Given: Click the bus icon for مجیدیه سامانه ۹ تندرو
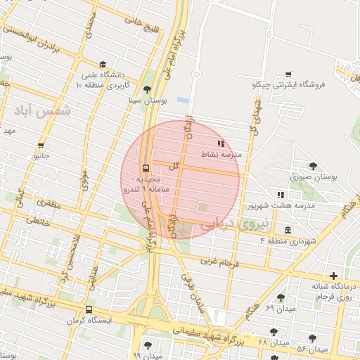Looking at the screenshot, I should click(146, 168).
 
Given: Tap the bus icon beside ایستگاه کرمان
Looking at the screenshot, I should click(89, 310).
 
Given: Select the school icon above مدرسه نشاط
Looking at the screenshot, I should click(221, 143).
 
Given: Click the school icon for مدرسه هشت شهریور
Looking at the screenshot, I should click(281, 194).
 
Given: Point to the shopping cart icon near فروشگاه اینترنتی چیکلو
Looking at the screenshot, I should click(288, 74).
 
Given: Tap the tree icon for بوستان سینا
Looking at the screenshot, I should click(147, 89).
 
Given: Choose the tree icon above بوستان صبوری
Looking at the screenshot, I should click(313, 167).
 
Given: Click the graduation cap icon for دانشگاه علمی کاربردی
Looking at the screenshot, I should click(103, 64).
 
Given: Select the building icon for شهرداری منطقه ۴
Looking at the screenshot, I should click(288, 230).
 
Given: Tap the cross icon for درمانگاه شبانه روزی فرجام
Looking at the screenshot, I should click(333, 276).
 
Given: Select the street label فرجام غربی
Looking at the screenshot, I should click(220, 262).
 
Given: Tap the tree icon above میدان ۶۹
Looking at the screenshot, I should click(281, 298).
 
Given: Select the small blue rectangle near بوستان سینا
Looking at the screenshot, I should click(184, 101).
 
